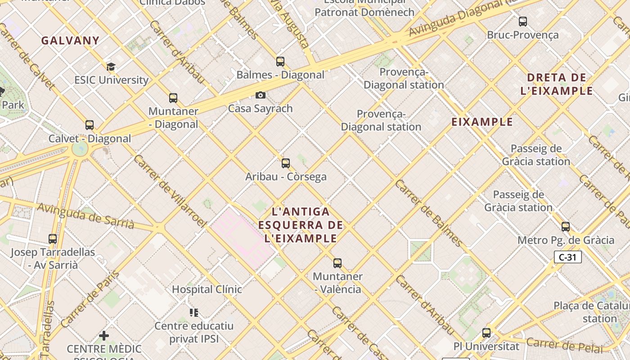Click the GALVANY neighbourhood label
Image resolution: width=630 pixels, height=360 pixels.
click(70, 40)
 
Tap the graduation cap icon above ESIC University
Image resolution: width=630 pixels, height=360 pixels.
click(111, 67)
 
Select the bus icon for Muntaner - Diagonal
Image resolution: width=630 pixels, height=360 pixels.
click(173, 98)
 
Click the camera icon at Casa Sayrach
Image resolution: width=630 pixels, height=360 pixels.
click(260, 95)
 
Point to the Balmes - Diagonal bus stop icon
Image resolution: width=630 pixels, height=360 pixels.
click(280, 62)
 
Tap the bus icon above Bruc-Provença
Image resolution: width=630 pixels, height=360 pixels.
click(523, 22)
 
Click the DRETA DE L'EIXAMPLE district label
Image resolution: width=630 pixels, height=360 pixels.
click(557, 84)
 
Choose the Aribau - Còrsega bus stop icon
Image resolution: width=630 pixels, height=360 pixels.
click(286, 163)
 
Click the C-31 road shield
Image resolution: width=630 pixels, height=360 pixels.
click(567, 257)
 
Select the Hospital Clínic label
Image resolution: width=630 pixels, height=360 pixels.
click(207, 289)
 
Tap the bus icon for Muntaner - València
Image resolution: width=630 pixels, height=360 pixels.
click(337, 263)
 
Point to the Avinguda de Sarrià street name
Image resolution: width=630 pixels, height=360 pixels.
click(85, 216)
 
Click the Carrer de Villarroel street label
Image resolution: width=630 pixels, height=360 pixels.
click(170, 191)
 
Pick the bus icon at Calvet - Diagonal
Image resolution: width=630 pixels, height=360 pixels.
click(90, 125)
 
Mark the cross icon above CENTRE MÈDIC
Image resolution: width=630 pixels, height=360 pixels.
click(104, 335)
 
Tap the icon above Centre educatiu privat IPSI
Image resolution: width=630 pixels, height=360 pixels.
click(194, 312)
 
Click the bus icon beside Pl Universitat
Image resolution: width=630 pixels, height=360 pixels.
click(486, 333)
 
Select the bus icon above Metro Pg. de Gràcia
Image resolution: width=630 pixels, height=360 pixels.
click(566, 227)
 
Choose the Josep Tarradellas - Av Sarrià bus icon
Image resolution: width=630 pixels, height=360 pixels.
click(53, 239)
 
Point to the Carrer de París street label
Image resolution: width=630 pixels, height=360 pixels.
click(90, 298)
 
